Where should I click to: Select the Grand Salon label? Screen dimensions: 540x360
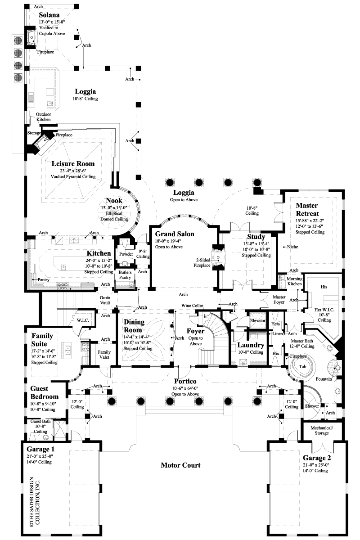(175, 234)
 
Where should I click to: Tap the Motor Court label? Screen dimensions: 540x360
(180, 465)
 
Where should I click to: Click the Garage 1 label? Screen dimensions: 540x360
(41, 448)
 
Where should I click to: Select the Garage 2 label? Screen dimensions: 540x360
(317, 458)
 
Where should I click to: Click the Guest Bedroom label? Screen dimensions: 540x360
(44, 392)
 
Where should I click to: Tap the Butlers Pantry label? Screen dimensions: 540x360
(125, 275)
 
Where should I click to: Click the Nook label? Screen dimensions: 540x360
(114, 200)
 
